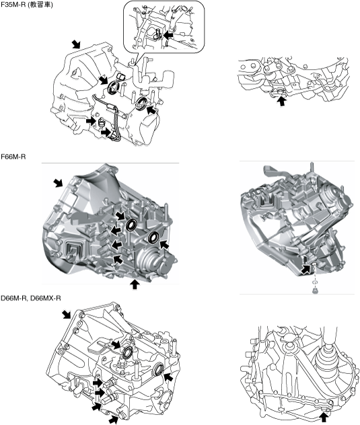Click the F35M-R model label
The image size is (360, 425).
pos(13,4)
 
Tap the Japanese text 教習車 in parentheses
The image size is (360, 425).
pos(40,4)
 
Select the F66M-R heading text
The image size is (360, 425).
pos(13,157)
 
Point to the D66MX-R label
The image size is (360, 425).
pos(46,298)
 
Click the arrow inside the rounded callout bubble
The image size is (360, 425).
pos(168,35)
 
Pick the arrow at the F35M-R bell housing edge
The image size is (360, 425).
pos(76,44)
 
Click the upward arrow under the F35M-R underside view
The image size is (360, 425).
pos(282,101)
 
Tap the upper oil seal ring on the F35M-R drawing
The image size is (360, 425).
pos(113,87)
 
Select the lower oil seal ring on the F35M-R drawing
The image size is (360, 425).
pos(141,103)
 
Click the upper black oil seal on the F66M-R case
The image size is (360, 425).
pos(132,225)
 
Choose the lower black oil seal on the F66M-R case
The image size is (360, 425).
pos(153,237)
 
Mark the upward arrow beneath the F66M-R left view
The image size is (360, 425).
pos(135,284)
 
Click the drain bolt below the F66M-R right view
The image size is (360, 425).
pos(315,291)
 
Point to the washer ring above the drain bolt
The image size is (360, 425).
pos(315,282)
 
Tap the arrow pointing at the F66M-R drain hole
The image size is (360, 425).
pos(305,269)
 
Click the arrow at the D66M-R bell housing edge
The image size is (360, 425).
pos(67,315)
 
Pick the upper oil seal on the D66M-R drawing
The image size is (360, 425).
pos(127,352)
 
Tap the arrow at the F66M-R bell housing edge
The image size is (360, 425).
pos(58,183)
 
